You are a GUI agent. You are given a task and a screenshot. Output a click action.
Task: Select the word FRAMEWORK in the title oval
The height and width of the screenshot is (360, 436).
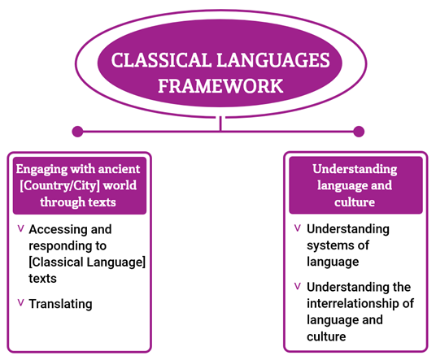coord(220,85)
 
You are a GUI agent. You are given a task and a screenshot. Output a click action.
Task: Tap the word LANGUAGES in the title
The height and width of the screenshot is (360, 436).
coord(274,61)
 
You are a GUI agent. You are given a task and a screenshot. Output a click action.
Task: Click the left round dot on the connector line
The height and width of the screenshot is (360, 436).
coord(78,131)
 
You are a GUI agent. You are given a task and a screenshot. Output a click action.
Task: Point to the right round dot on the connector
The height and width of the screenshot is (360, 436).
coord(359,131)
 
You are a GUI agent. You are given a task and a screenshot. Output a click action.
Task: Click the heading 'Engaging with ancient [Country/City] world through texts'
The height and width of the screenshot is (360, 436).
coord(78,184)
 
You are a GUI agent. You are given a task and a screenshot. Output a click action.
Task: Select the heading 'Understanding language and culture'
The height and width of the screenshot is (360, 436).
coord(355,184)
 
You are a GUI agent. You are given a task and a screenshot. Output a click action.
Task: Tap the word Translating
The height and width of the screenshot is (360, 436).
coord(60,304)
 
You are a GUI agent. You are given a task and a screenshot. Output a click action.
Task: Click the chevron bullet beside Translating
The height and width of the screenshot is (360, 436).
coord(20,302)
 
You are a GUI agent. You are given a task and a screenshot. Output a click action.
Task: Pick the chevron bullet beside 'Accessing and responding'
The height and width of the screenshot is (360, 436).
coord(20,228)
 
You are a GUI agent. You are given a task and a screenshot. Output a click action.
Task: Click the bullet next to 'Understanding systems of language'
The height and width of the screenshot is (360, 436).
coord(299,228)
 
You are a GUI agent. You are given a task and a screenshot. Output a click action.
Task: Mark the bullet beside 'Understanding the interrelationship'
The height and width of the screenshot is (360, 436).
coord(299,286)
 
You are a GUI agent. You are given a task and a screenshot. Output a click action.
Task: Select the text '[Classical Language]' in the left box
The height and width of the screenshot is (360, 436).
coord(87,262)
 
